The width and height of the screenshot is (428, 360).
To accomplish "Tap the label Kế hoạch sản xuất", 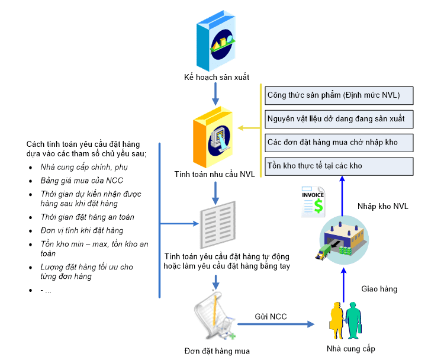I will click(x=216, y=78).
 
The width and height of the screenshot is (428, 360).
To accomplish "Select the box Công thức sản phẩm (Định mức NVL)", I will click(x=338, y=95).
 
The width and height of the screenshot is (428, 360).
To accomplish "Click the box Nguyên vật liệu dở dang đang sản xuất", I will click(x=338, y=119).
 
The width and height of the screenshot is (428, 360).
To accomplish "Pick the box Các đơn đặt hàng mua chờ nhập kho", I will click(x=338, y=143).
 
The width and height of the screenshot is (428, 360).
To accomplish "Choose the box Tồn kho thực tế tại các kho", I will click(x=338, y=166).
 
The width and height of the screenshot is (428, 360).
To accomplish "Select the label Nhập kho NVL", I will click(x=382, y=206).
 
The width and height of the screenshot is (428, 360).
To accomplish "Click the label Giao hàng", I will click(x=379, y=289).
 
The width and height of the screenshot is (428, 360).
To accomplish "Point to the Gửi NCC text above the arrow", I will click(x=271, y=317).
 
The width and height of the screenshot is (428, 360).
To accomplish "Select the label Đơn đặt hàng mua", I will click(x=217, y=351).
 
